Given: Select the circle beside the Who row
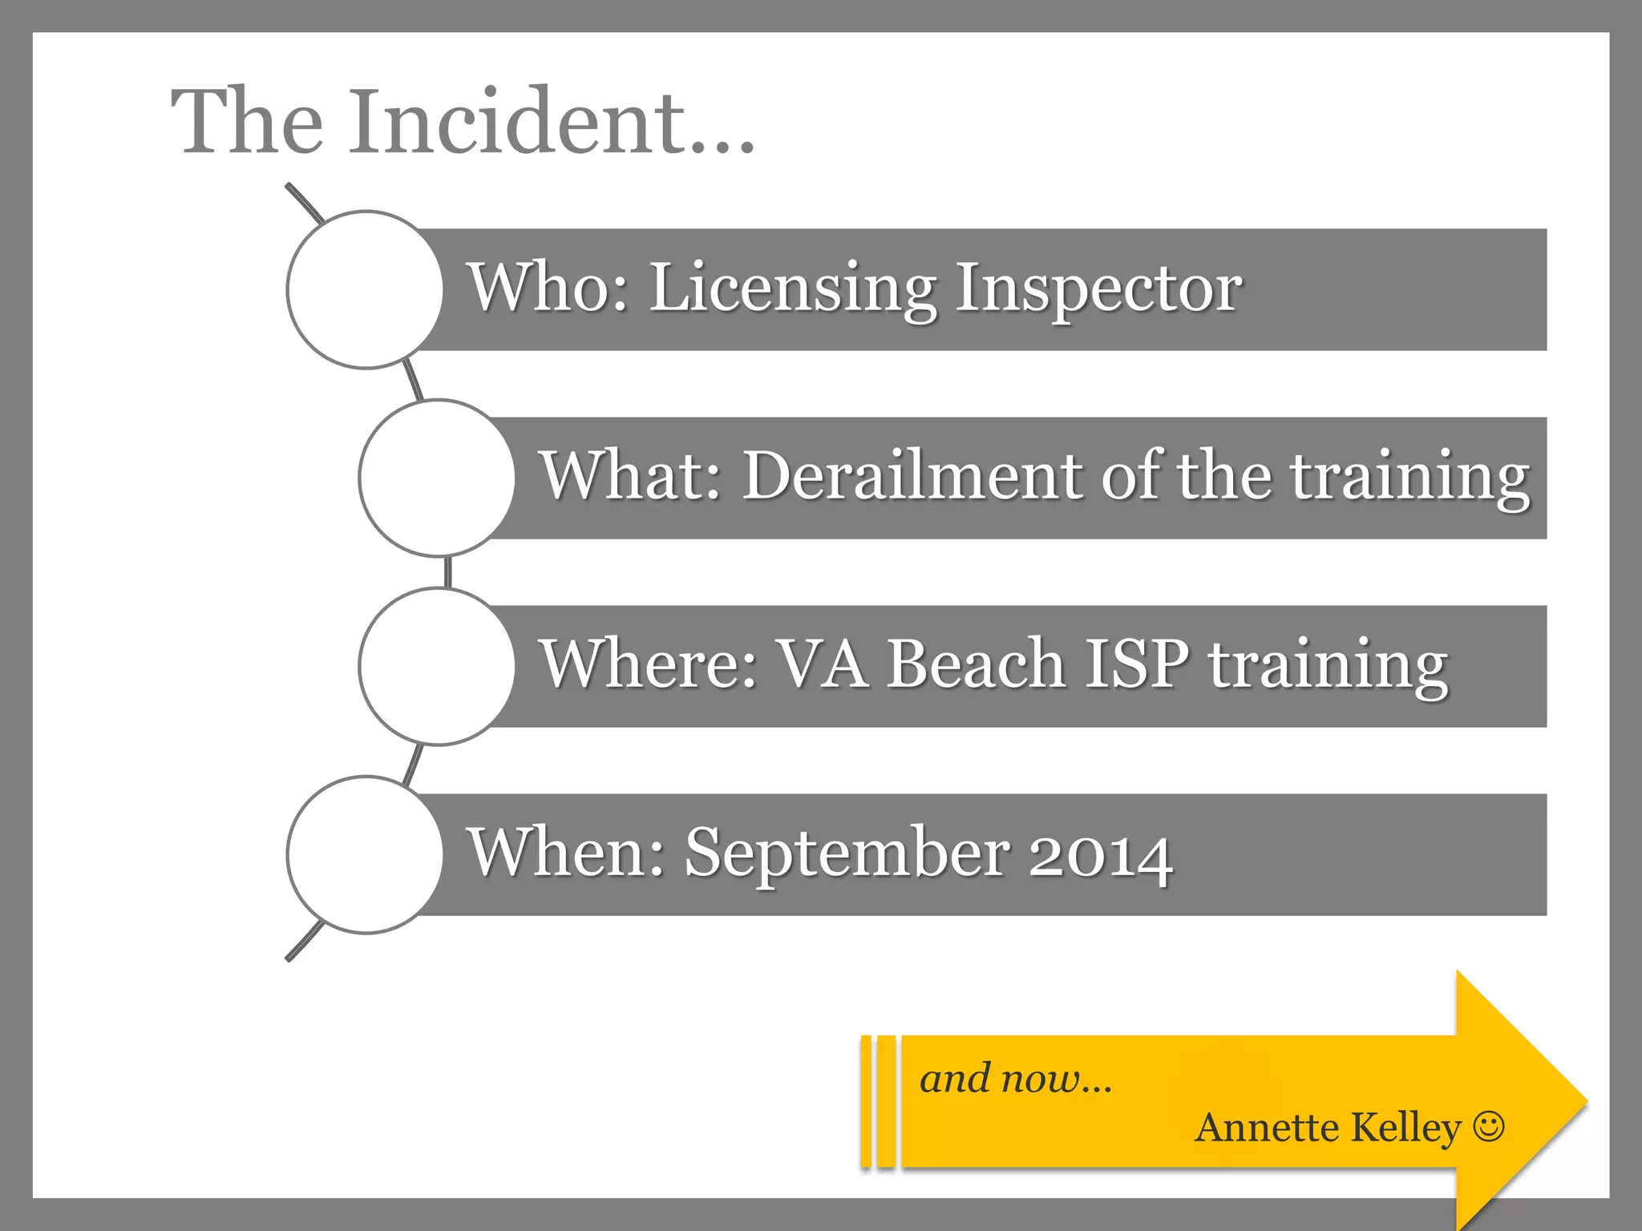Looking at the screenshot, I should pos(365,289).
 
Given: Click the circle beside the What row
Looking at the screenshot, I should pos(437,478).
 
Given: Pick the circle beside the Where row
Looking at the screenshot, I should pos(437,666).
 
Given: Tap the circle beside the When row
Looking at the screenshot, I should pos(365,854).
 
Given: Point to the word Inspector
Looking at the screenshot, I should pos(1098,289).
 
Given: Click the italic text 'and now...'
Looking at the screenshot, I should pos(1015,1079).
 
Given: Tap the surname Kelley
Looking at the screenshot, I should pos(1406,1128).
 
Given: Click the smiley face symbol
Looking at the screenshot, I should pos(1489,1126).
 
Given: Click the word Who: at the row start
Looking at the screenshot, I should pos(548,289).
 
